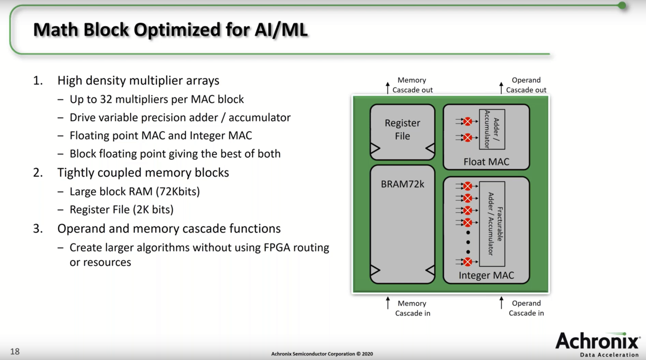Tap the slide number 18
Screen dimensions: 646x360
15,351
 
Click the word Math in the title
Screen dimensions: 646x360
56,30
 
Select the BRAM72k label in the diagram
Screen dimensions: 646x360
402,184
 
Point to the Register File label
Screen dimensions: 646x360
402,129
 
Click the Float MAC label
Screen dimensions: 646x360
486,161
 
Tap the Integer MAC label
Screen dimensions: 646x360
486,275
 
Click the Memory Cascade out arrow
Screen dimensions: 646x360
388,88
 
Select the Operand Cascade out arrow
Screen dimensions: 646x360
501,88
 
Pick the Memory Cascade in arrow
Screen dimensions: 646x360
388,303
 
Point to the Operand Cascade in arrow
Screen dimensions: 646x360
501,302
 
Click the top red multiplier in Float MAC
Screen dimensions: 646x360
468,122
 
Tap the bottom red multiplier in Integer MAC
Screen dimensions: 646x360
468,262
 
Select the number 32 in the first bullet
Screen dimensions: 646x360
106,99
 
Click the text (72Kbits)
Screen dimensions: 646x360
177,191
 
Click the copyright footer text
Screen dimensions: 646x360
322,354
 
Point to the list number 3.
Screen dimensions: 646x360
38,228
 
